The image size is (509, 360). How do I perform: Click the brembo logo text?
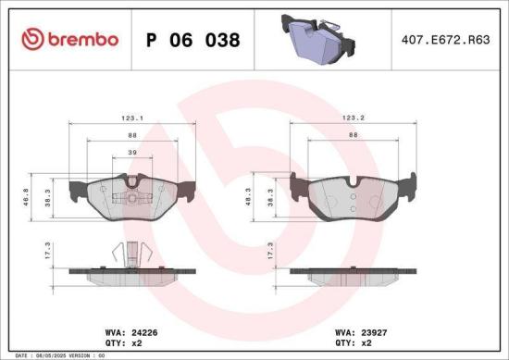click(x=69, y=40)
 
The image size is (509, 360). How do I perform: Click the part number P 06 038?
click(x=193, y=41)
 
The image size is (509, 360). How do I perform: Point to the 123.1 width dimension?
click(x=130, y=118)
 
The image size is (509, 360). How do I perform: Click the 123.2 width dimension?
click(x=354, y=118)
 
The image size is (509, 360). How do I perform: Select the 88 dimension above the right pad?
click(x=354, y=135)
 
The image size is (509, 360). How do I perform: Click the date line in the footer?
click(x=56, y=354)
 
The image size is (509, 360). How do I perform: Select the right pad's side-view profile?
click(x=354, y=275)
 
